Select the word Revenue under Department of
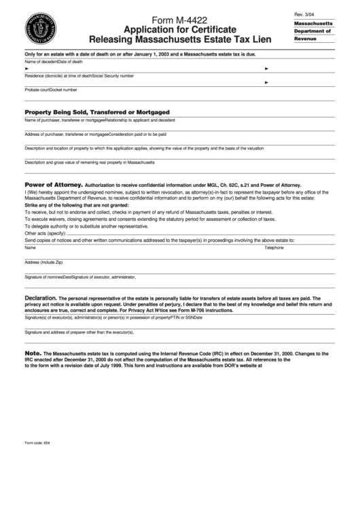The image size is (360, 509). click(x=306, y=39)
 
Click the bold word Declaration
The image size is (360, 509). click(x=40, y=298)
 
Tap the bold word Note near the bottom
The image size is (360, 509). click(x=33, y=353)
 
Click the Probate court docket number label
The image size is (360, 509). click(x=51, y=89)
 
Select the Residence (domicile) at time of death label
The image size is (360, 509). click(x=58, y=75)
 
